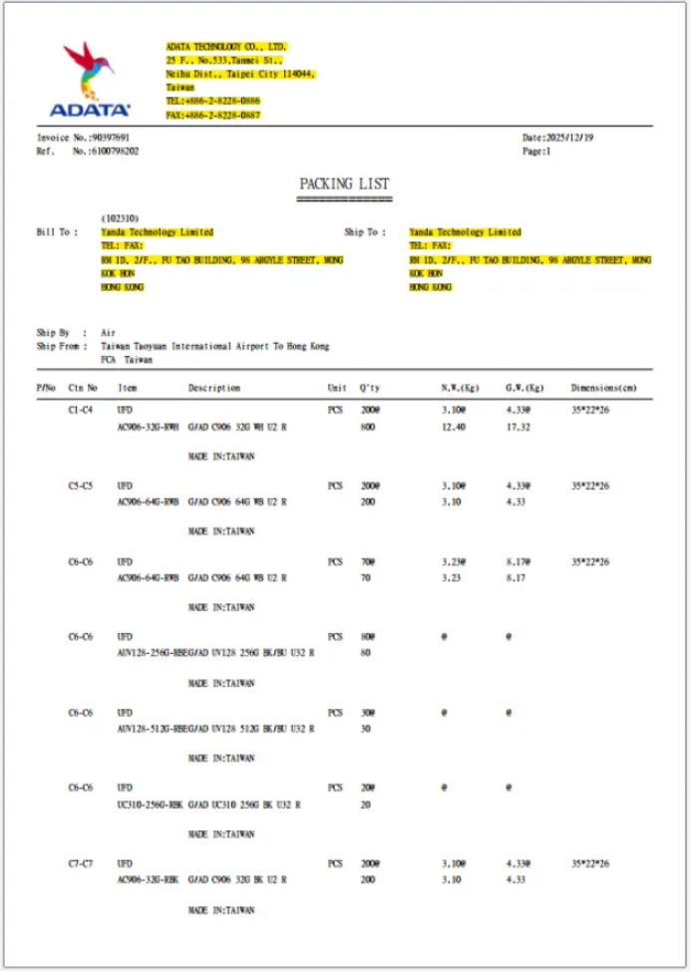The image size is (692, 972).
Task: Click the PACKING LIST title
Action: [x=344, y=183]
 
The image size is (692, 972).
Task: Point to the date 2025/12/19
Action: [x=573, y=138]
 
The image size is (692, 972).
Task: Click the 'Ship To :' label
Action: [x=365, y=232]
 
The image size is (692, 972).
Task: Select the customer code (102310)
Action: [x=120, y=218]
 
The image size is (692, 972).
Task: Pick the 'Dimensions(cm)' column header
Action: [x=603, y=388]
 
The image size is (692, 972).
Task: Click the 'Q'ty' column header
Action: [x=370, y=388]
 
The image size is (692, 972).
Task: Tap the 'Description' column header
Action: [x=214, y=388]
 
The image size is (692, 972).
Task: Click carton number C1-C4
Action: [x=82, y=410]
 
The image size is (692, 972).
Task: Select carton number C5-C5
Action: [x=82, y=486]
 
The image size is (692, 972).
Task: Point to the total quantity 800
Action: [x=367, y=427]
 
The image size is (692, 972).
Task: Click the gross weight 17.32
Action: [x=519, y=427]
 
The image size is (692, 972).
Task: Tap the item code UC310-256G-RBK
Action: [x=149, y=805]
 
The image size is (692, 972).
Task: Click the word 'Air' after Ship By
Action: [x=108, y=333]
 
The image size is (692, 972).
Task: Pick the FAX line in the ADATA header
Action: [x=212, y=115]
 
